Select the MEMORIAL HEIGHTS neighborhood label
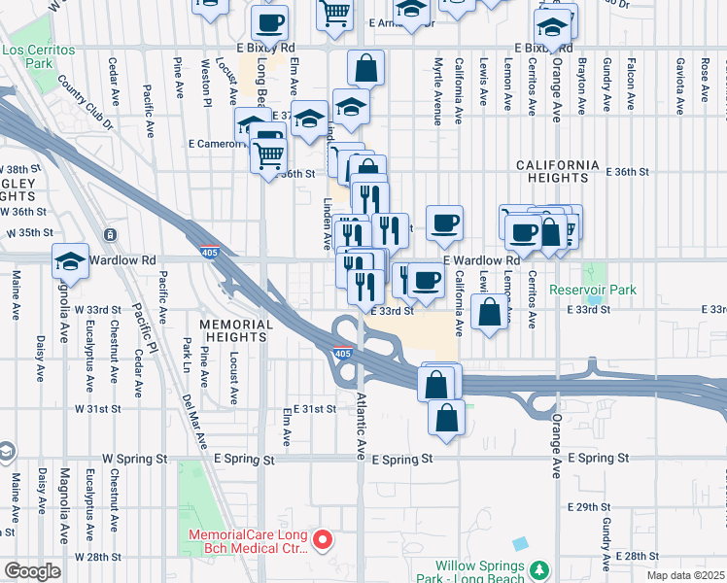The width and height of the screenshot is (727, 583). tap(233, 330)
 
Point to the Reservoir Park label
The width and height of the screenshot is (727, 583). tap(592, 290)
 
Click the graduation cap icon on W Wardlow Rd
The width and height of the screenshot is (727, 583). tap(70, 258)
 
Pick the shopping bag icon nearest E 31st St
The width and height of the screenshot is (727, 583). tap(446, 418)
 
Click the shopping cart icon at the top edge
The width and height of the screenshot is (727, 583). tap(333, 12)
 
